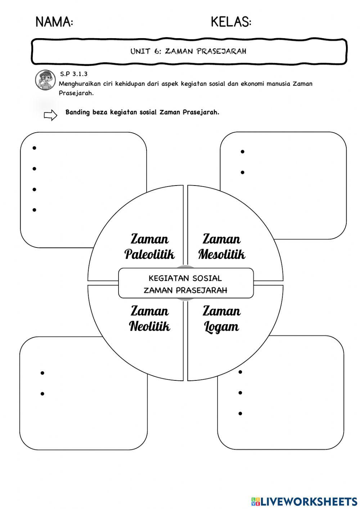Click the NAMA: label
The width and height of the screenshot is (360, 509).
click(54, 22)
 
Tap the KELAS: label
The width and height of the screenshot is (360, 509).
click(231, 22)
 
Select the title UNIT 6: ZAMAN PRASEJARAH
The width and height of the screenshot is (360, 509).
click(188, 51)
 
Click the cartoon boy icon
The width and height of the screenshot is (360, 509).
click(45, 80)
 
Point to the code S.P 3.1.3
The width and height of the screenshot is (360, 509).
click(74, 74)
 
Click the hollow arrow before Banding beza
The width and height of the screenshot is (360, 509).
click(50, 115)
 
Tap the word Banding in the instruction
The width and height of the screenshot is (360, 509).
click(77, 112)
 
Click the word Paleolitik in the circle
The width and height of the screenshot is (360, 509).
click(149, 254)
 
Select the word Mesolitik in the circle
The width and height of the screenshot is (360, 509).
click(221, 254)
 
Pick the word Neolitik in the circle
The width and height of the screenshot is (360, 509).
click(149, 326)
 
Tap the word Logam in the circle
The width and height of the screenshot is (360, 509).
click(221, 327)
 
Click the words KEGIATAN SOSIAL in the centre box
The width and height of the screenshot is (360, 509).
click(185, 278)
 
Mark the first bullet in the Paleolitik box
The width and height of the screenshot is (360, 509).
click(35, 148)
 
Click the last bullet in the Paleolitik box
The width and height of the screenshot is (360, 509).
click(35, 210)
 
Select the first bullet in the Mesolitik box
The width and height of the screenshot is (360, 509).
click(243, 152)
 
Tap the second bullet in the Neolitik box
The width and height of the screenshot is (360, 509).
click(42, 394)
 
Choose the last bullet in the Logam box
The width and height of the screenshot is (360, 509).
click(240, 413)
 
